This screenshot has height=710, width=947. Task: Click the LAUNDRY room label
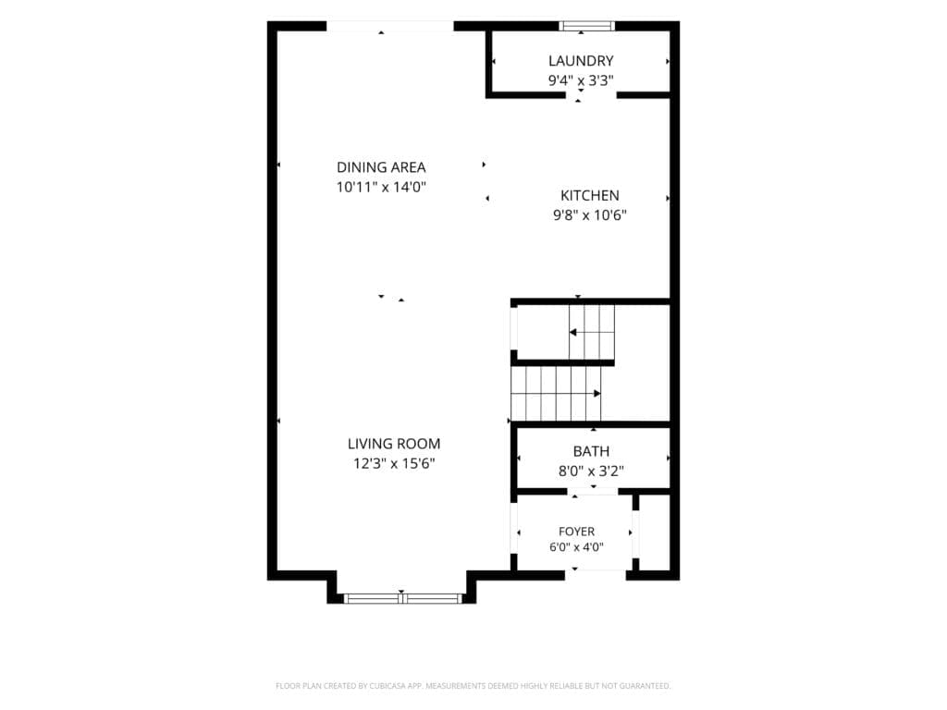click(581, 61)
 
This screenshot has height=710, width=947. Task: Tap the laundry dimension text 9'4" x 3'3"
click(581, 80)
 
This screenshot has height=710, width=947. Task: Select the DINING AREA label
click(381, 167)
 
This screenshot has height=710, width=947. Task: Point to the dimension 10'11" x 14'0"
click(381, 187)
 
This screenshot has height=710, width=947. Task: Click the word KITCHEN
click(589, 196)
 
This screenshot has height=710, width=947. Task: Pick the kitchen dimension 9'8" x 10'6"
click(589, 214)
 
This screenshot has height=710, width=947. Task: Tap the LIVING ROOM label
click(394, 444)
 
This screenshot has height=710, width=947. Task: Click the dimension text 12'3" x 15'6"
click(394, 464)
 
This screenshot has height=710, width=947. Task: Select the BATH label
click(591, 451)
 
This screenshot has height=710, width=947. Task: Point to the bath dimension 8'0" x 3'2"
click(591, 471)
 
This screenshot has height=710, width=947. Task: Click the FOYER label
click(576, 532)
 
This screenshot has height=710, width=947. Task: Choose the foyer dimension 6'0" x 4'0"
click(576, 547)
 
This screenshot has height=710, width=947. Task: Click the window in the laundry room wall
click(586, 25)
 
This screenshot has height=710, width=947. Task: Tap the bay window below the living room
click(402, 598)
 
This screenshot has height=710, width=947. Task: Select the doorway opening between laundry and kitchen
click(591, 95)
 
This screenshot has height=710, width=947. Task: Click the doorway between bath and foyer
click(593, 492)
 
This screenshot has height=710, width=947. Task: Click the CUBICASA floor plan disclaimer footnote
click(473, 686)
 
